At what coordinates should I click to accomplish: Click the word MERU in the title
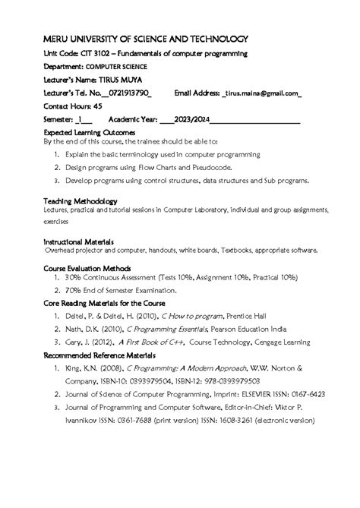click(60, 39)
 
